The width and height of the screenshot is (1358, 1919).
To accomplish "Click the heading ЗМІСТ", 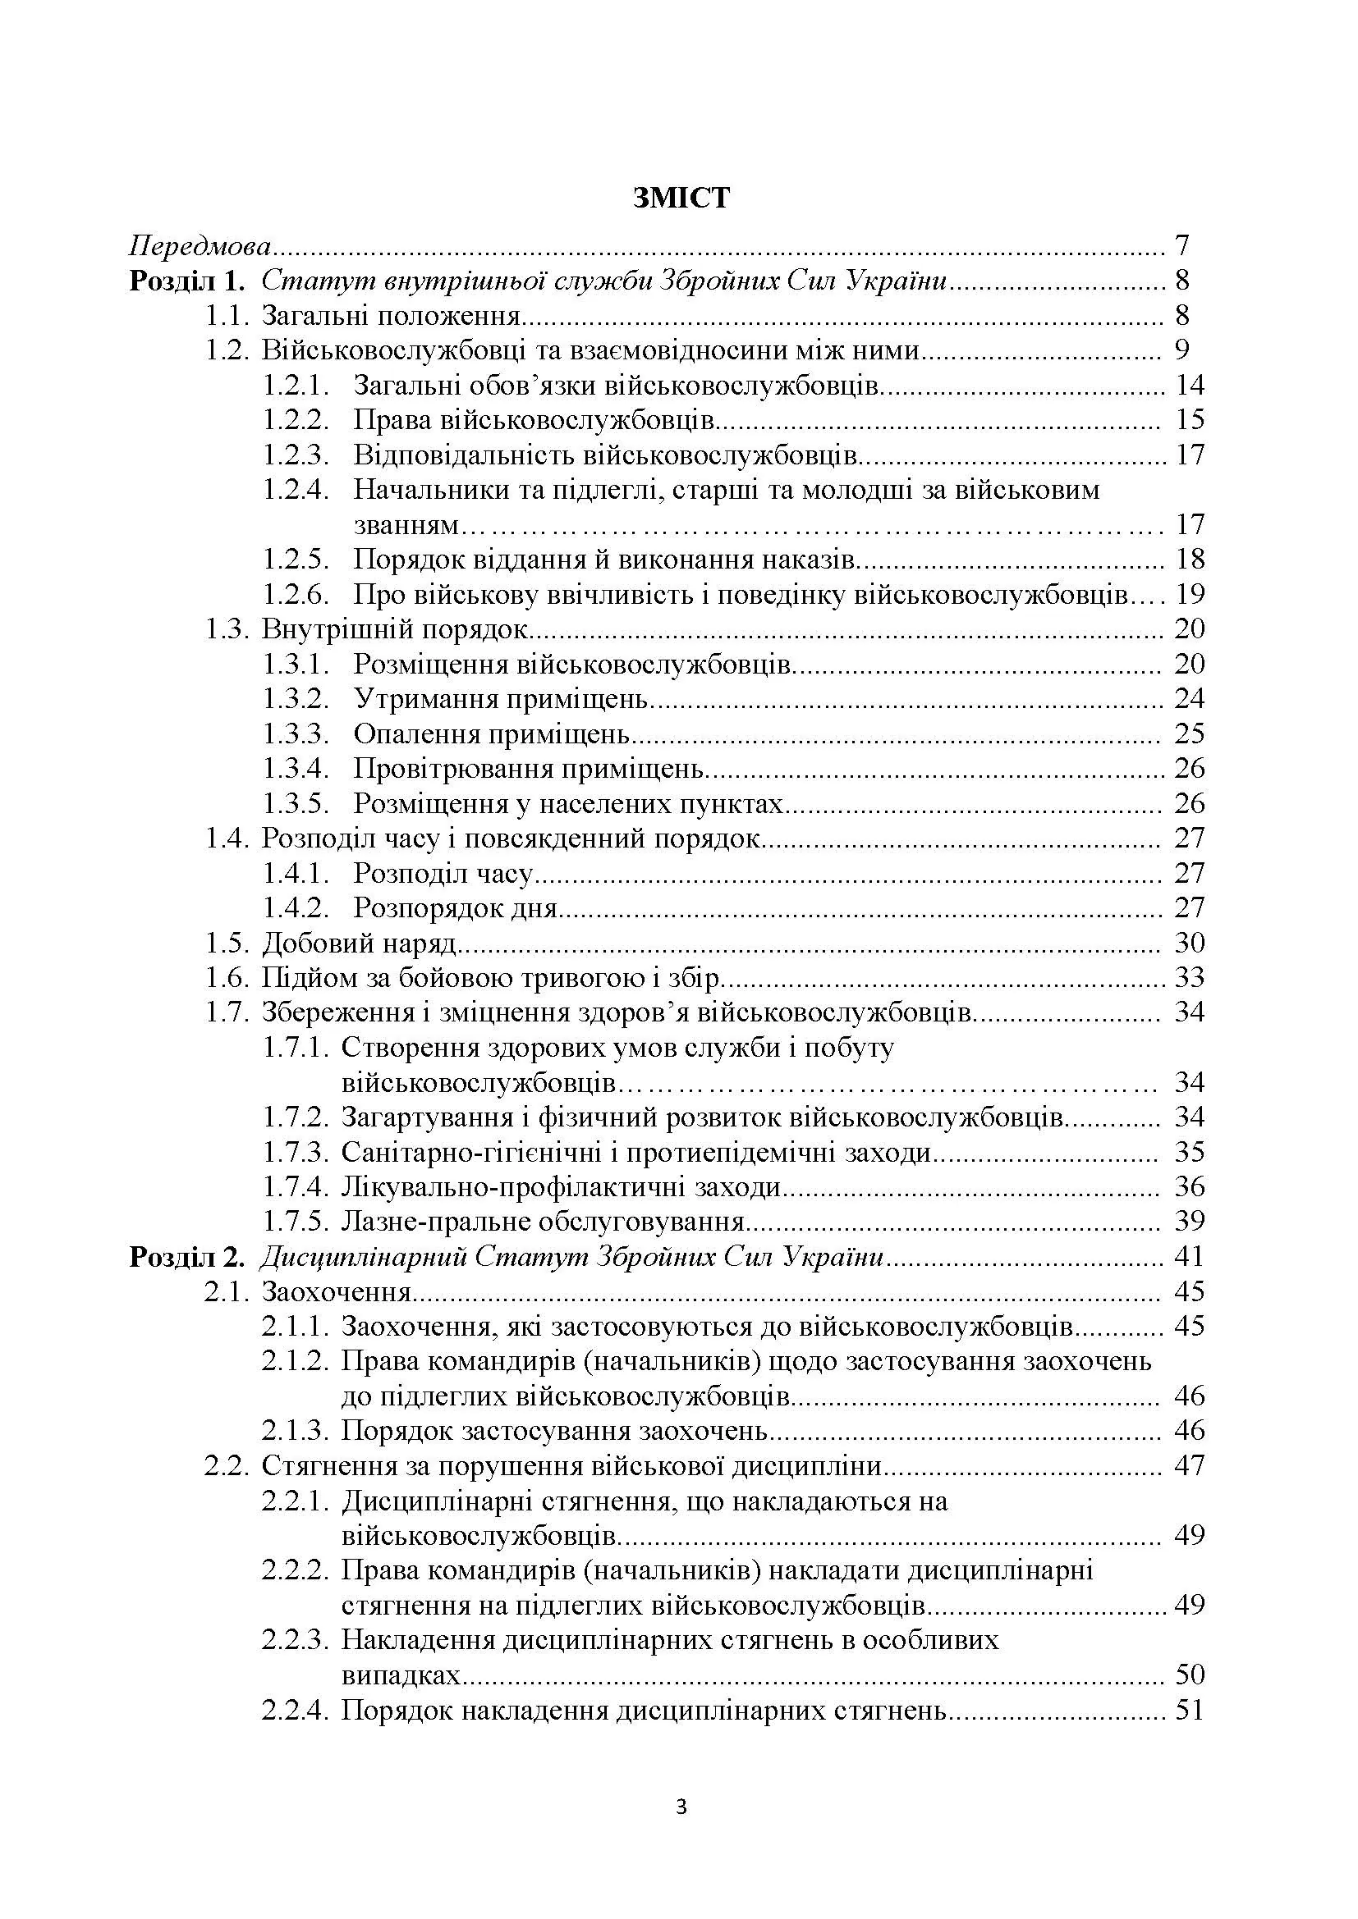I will point(681,198).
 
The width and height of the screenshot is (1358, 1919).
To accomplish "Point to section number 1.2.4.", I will point(296,490).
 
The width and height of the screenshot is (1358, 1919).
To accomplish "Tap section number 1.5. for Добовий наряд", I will point(227,944).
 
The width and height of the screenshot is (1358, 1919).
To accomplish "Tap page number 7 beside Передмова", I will point(1181,247).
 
